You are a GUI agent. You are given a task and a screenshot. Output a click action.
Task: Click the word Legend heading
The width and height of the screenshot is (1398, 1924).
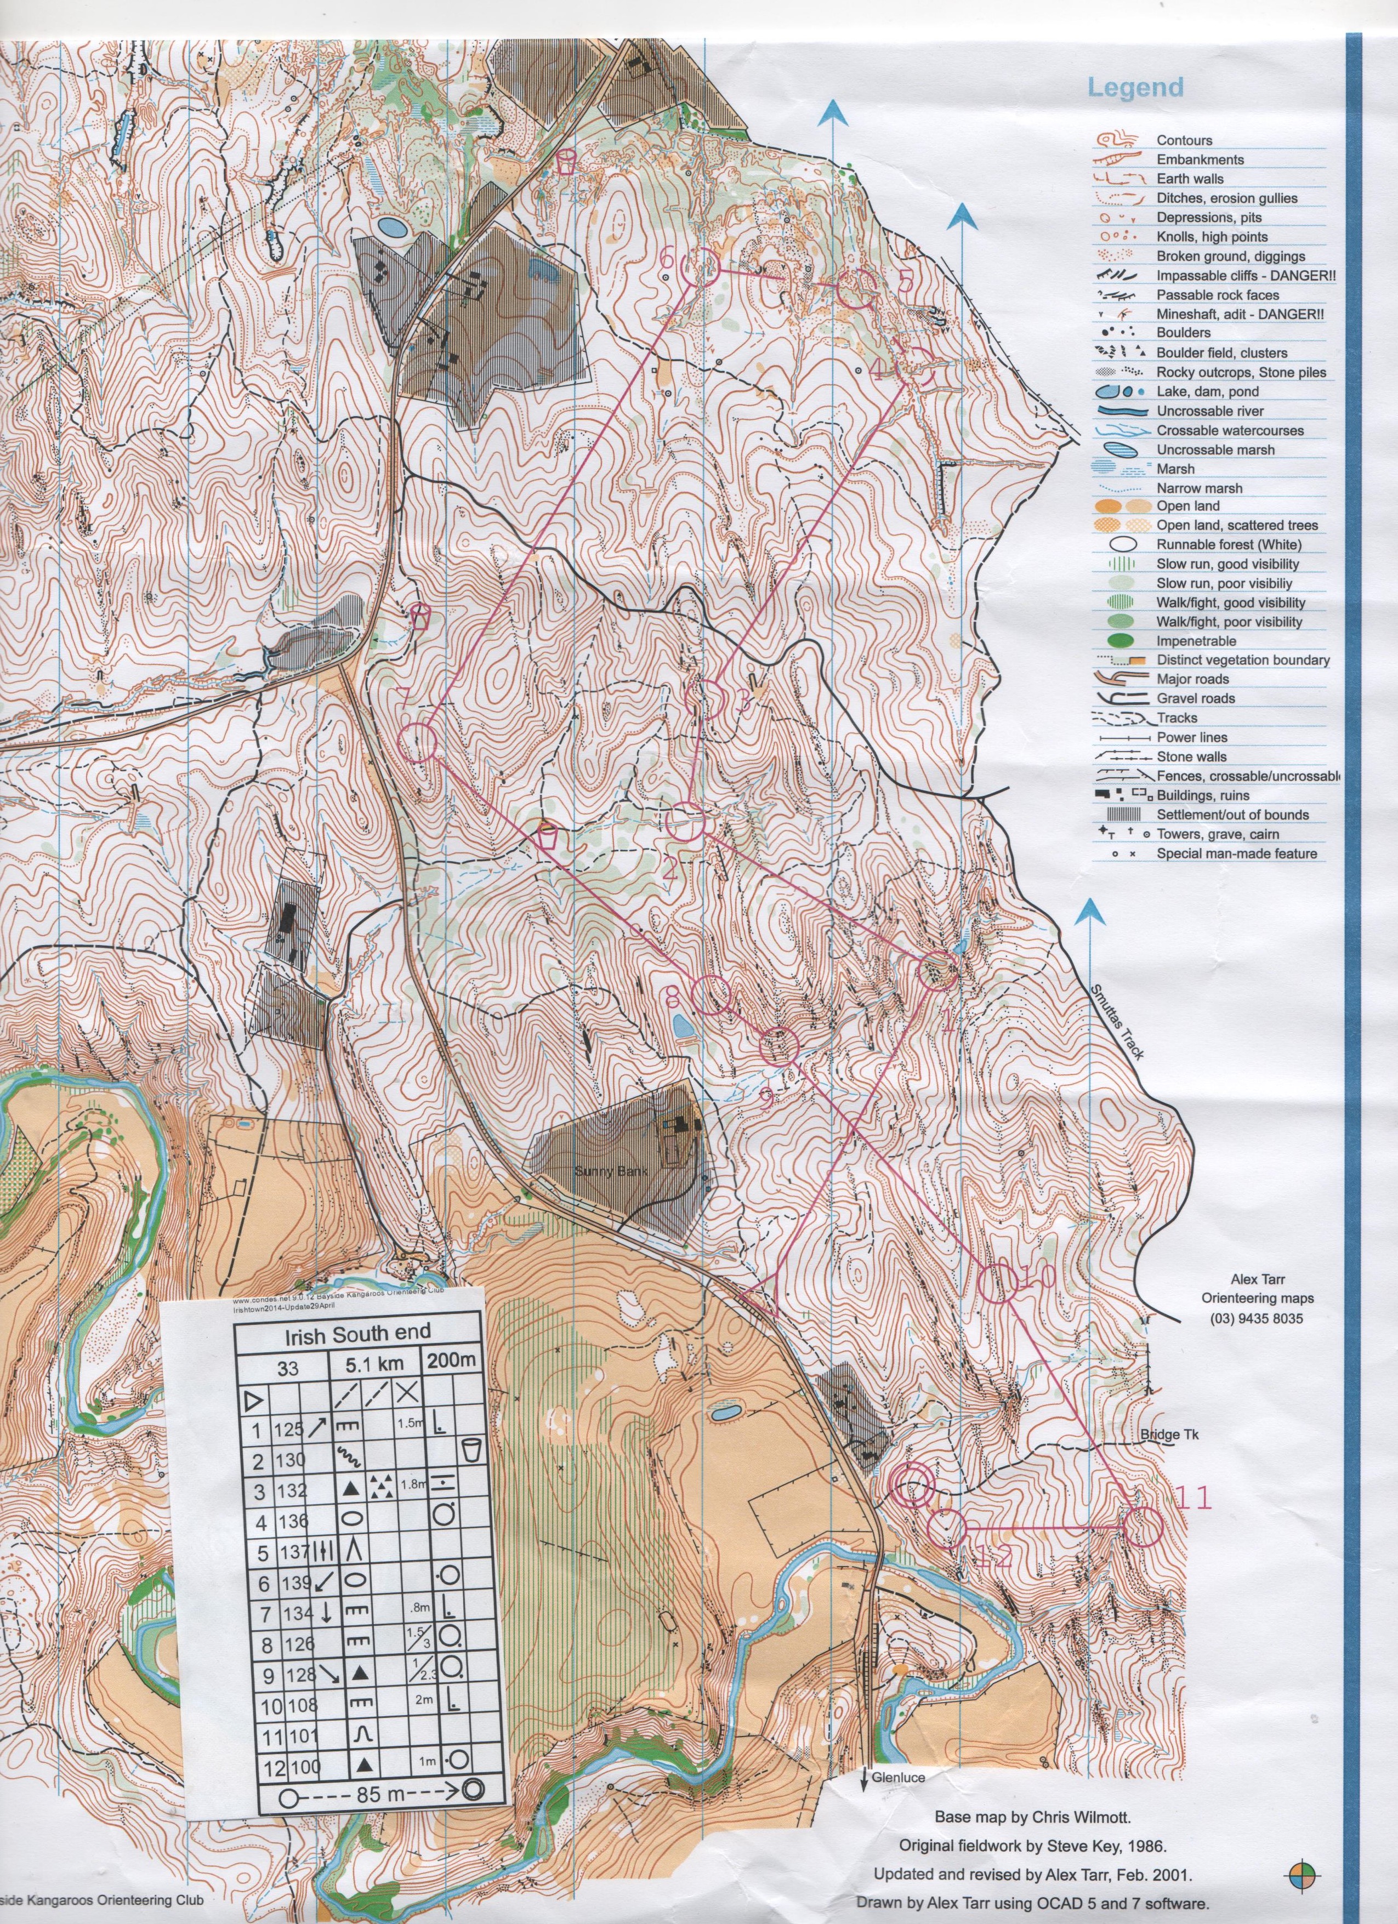point(1135,87)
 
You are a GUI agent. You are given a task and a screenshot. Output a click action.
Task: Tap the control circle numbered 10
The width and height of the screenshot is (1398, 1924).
point(998,1306)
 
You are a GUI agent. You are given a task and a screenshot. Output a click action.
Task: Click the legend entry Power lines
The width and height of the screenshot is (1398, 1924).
point(1191,737)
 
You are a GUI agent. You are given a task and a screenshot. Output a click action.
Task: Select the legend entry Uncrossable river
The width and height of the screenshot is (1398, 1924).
point(1209,411)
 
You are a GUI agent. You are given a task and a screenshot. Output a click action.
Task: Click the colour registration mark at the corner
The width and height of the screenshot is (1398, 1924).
point(1302,1892)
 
